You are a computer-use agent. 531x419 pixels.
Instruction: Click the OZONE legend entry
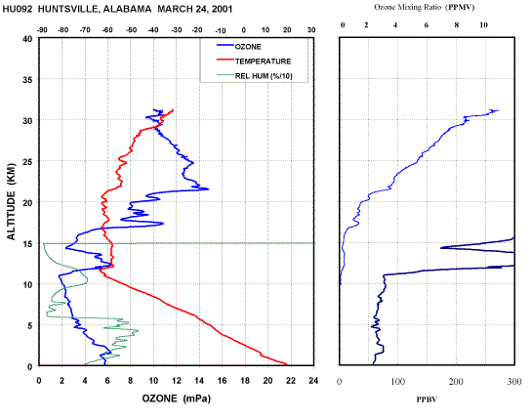point(239,47)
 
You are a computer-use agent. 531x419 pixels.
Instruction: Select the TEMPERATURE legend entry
point(254,61)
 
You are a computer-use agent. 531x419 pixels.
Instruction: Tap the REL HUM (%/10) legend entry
point(255,75)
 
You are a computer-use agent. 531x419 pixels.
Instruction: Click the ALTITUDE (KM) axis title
point(12,201)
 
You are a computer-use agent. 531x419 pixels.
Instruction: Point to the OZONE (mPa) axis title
point(176,398)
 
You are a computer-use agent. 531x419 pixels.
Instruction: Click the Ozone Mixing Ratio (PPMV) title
point(425,7)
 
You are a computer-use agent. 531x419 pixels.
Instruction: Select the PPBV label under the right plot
point(427,399)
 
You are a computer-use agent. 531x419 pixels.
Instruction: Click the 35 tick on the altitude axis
point(27,79)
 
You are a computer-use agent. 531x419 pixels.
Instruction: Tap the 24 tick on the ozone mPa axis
point(313,381)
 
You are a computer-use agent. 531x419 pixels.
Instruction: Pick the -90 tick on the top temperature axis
point(42,30)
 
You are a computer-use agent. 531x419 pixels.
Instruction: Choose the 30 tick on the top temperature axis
point(311,30)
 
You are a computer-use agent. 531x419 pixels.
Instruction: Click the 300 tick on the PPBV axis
point(514,382)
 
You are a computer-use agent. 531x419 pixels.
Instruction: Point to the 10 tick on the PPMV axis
point(483,25)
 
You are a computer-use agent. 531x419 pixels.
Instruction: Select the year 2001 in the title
point(223,9)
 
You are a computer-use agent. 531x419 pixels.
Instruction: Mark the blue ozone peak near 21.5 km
point(208,189)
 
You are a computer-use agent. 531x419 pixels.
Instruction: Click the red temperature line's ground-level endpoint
point(287,364)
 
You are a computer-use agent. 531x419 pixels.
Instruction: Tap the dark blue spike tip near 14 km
point(440,248)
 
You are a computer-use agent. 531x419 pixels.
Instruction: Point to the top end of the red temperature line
point(173,109)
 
